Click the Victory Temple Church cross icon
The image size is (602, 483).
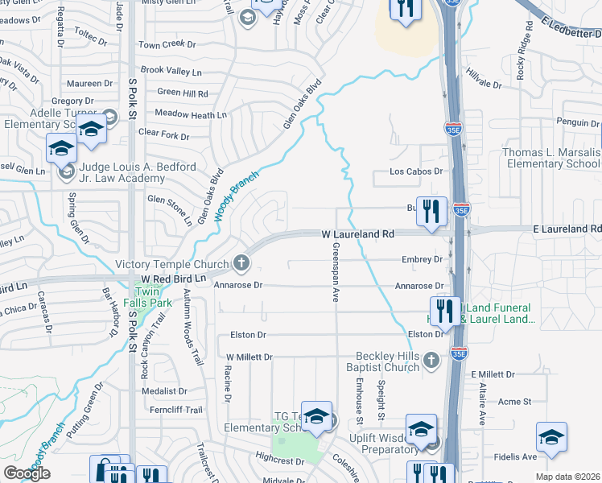pyautogui.click(x=240, y=263)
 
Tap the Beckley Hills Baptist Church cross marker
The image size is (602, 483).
pyautogui.click(x=431, y=360)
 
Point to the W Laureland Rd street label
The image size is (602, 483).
pyautogui.click(x=358, y=233)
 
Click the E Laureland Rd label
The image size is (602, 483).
pyautogui.click(x=567, y=229)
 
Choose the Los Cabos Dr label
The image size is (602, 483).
pyautogui.click(x=416, y=171)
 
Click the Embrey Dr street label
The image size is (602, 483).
pyautogui.click(x=422, y=259)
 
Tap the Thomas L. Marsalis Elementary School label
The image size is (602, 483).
pyautogui.click(x=551, y=158)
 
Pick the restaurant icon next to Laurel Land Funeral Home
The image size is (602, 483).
pyautogui.click(x=445, y=311)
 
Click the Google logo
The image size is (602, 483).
pyautogui.click(x=27, y=473)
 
